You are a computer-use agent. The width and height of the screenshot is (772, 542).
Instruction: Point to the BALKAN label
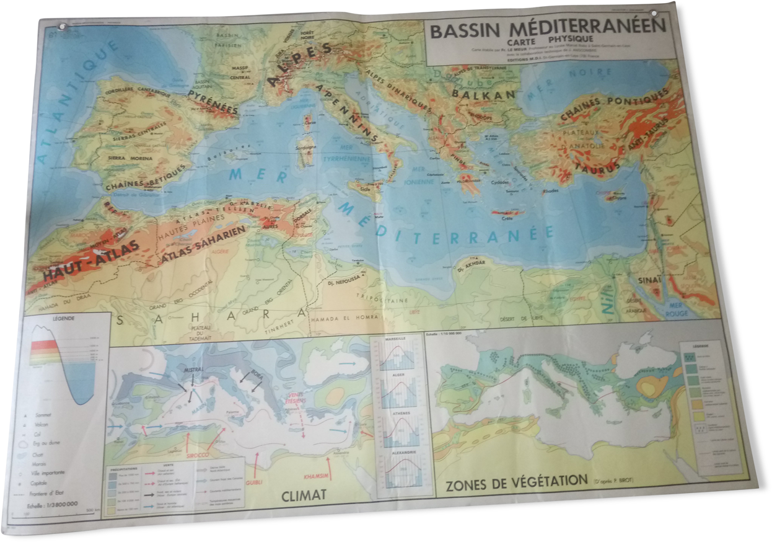(x=483, y=94)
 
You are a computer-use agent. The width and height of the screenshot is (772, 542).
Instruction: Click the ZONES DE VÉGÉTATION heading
(x=516, y=481)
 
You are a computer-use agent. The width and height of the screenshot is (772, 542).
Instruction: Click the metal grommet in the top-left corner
(x=61, y=27)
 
